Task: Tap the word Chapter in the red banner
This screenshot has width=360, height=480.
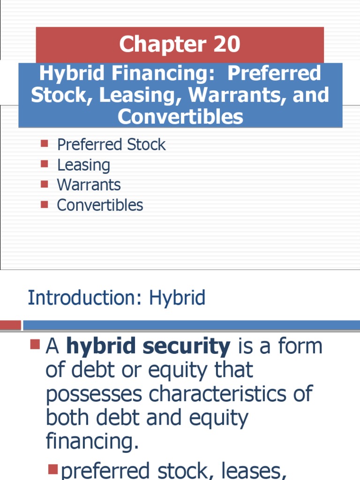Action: pos(159,45)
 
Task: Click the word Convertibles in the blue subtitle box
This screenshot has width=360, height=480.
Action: pos(180,117)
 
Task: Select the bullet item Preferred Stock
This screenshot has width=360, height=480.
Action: pos(111,144)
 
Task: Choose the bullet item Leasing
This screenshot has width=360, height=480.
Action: pos(83,165)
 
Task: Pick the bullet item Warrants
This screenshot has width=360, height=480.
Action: pos(89,185)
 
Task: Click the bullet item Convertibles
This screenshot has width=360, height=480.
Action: pos(100,205)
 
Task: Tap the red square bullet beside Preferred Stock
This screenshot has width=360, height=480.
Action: pos(45,143)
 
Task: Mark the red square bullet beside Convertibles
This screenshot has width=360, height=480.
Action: pos(45,204)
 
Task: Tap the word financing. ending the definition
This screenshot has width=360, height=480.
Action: pos(92,441)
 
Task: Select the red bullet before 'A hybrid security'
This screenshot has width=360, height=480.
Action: pos(35,346)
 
